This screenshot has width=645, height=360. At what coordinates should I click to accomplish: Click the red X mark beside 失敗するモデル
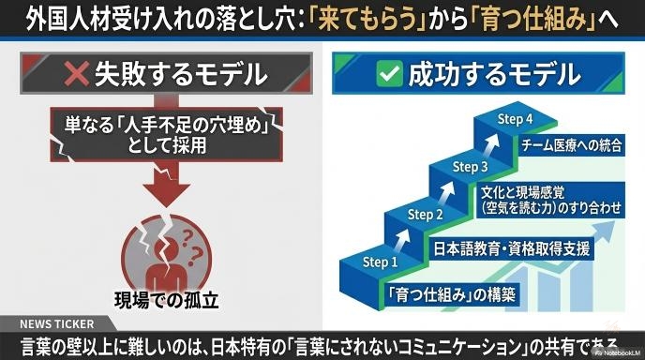coord(76,73)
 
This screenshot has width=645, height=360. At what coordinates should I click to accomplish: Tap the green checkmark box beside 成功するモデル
coord(389,73)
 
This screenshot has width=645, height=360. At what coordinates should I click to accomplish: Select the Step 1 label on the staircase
coord(380,262)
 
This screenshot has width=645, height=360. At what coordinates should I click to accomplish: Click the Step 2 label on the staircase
coord(425,215)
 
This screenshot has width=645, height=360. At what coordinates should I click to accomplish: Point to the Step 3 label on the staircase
coord(470,167)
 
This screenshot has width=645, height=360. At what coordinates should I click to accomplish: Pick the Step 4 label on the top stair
coord(515,119)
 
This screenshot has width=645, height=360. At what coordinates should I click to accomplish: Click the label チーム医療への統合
coord(571,145)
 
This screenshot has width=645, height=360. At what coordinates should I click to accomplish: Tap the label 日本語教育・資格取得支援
coord(512,248)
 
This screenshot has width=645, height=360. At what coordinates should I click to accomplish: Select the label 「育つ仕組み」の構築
coord(451,294)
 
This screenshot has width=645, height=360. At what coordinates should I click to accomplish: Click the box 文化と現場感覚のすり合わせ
coord(551,200)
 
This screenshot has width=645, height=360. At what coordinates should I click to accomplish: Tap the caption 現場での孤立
coord(166,301)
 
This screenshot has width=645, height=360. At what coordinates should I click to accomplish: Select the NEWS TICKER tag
coord(57,324)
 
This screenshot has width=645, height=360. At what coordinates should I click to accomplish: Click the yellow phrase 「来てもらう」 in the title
coord(367,20)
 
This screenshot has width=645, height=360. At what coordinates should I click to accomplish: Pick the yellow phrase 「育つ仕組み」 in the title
coord(537,20)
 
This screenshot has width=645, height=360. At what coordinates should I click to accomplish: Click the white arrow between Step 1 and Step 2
coord(402,239)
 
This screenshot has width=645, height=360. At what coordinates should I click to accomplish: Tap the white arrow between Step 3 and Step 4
coord(491,144)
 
